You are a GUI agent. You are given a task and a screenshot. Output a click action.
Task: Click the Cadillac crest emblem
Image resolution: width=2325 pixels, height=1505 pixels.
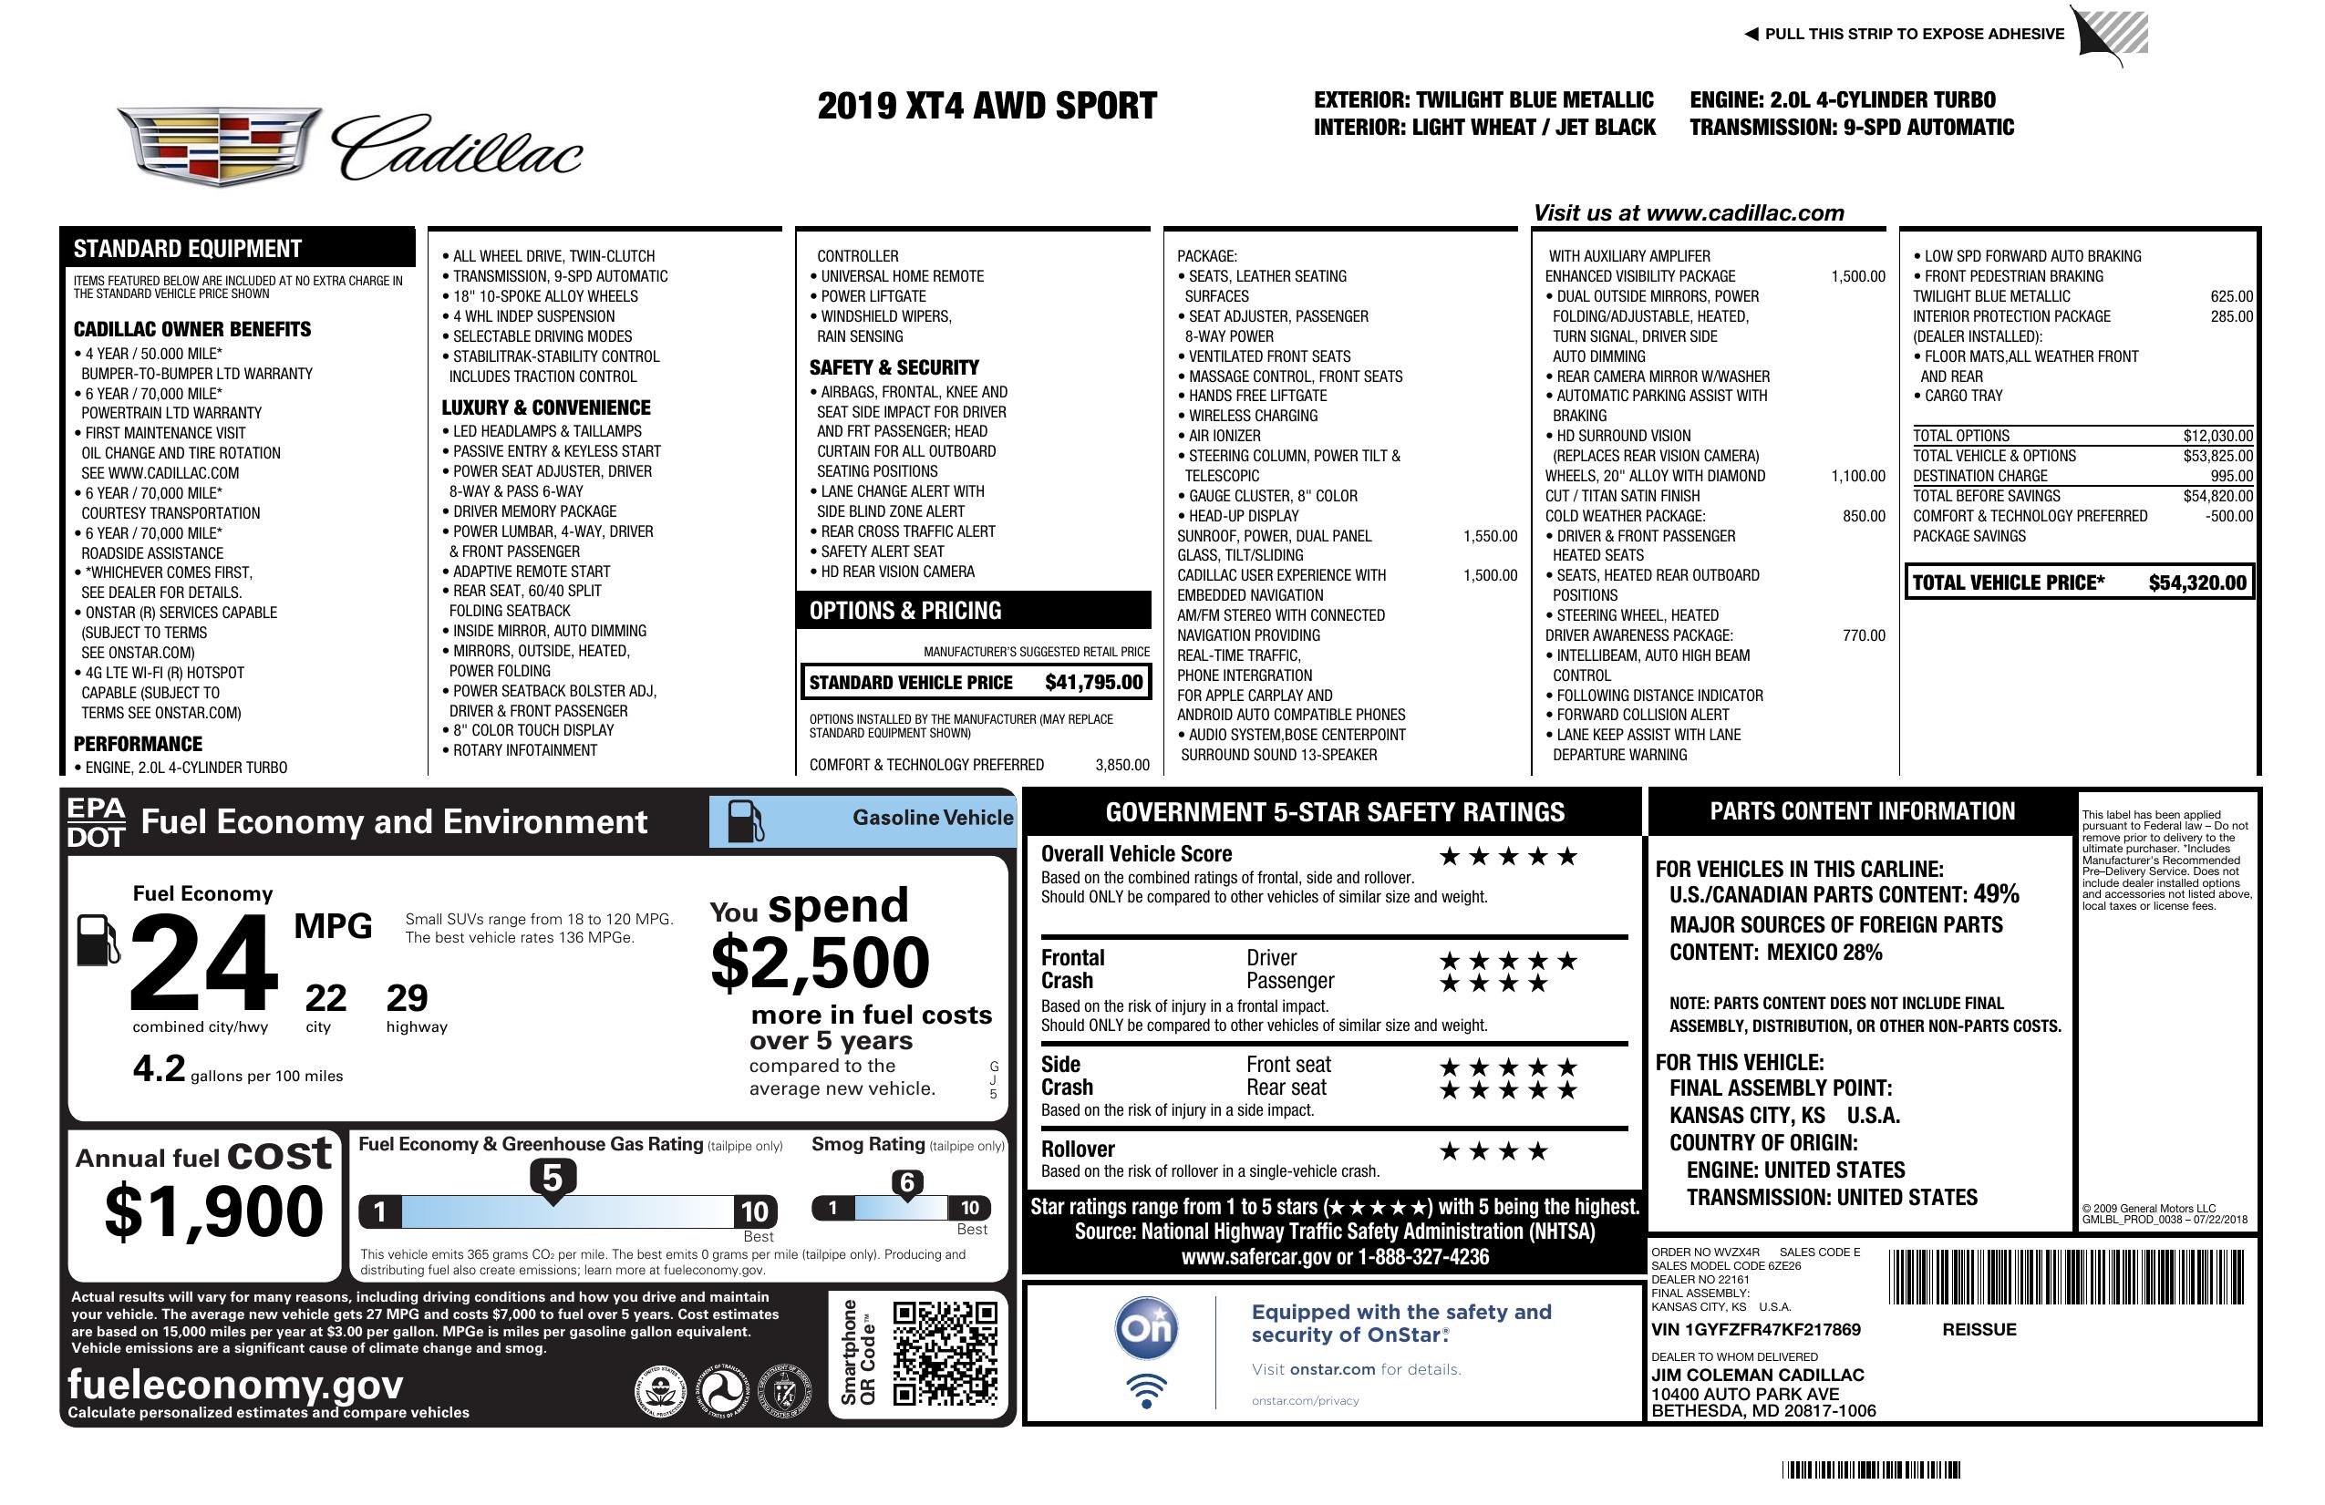point(219,147)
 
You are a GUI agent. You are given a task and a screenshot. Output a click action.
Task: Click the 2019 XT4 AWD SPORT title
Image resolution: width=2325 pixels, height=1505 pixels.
point(987,106)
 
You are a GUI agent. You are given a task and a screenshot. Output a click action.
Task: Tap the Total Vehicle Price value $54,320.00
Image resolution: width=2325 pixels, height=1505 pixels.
point(2197,583)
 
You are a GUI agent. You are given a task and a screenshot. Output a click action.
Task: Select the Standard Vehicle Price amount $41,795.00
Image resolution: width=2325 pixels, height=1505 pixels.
point(1093,683)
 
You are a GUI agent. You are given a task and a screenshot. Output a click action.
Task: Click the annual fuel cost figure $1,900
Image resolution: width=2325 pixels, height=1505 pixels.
point(213,1212)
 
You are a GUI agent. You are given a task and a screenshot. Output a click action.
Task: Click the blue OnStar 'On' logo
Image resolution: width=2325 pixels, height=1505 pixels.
point(1147,1328)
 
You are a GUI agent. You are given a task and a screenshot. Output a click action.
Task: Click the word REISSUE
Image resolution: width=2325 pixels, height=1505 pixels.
point(1979,1329)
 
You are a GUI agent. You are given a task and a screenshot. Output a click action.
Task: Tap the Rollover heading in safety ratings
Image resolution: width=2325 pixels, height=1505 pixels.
point(1078,1149)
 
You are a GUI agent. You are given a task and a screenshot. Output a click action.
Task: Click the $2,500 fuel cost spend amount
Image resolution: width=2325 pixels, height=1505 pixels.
point(820,963)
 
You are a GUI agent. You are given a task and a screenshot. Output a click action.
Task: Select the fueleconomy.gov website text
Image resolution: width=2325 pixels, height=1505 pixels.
point(235,1384)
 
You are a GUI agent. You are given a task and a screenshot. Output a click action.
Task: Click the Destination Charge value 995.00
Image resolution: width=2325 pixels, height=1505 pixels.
point(2231,477)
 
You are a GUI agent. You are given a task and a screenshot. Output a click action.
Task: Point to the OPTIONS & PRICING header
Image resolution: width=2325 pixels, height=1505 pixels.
point(904,612)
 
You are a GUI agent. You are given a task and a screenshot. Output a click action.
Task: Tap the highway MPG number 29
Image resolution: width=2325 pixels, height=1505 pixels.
point(407,998)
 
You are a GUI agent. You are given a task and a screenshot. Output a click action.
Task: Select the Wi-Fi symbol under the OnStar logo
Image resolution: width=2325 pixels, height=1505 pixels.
point(1147,1391)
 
